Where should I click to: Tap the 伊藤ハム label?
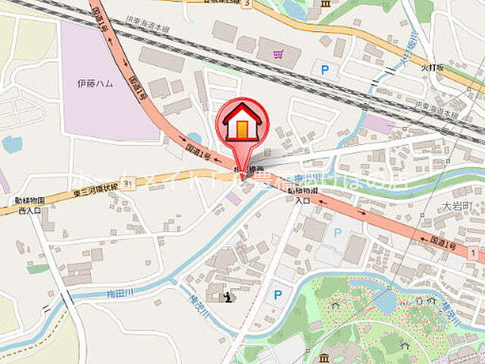point(95,83)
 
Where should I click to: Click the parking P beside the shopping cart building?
point(325,71)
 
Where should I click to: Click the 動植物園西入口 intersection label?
point(30,205)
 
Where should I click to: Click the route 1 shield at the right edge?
point(472,250)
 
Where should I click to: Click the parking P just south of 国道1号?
point(337,234)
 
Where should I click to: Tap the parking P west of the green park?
point(277,294)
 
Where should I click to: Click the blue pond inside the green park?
point(385,300)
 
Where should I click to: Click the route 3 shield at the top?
point(246,3)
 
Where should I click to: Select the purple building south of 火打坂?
point(377,123)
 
